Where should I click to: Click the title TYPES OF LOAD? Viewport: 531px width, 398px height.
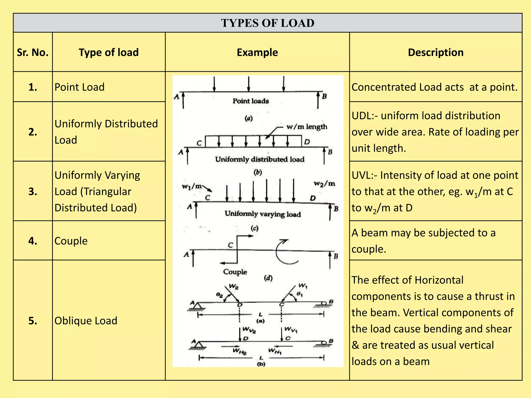tap(268, 23)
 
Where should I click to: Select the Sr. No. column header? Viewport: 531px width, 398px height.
tap(33, 52)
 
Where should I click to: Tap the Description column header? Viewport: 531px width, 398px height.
tap(436, 52)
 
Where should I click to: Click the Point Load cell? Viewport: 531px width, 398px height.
tap(79, 87)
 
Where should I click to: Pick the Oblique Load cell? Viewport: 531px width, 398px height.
tap(86, 321)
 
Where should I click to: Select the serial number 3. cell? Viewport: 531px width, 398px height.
tap(33, 191)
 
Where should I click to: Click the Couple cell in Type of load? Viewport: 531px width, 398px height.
tap(71, 241)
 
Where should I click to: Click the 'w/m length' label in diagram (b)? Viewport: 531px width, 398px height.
tap(307, 127)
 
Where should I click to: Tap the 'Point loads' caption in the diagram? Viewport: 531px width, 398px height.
tap(250, 101)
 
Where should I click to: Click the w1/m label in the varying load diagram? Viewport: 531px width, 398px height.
tap(192, 186)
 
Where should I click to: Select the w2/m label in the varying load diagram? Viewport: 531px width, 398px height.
tap(324, 184)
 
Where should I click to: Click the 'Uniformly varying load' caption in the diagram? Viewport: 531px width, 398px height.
tap(263, 214)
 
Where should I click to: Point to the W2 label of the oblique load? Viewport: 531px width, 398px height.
tap(234, 287)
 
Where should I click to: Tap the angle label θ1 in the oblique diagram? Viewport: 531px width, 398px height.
tap(299, 294)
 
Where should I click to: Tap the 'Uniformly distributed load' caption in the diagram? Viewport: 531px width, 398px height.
tap(260, 159)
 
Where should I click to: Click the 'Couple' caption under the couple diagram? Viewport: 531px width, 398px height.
tap(235, 272)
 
